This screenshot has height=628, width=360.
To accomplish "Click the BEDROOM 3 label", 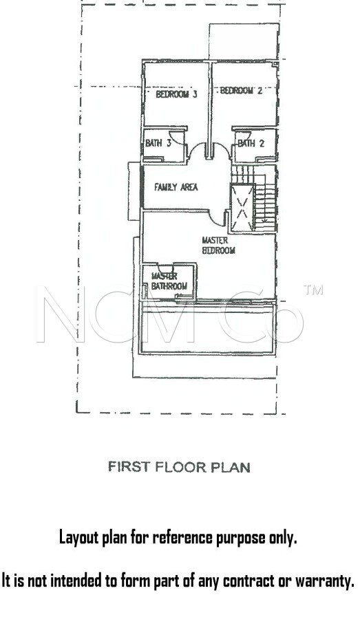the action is click(x=176, y=94).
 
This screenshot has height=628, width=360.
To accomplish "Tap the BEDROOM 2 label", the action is click(x=242, y=91).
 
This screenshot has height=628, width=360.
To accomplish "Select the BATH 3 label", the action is click(x=158, y=143).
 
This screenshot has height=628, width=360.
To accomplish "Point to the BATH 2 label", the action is click(x=251, y=143).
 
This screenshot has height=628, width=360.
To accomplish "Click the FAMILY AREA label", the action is click(x=176, y=187).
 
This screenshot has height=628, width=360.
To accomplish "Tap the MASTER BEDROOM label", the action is click(x=218, y=246).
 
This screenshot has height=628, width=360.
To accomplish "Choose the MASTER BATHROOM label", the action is click(x=169, y=281).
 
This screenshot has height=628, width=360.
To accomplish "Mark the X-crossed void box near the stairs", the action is click(x=242, y=208).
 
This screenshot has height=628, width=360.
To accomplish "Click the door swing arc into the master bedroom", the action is click(x=217, y=219).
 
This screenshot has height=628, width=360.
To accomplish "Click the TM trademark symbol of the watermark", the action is click(x=313, y=290).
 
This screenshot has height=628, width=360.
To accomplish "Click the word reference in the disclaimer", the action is click(x=183, y=537).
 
